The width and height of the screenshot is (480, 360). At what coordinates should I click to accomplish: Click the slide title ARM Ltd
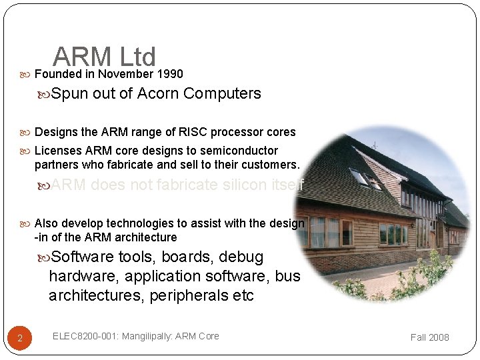(x=104, y=57)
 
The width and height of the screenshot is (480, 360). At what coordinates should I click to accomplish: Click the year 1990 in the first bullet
(x=169, y=74)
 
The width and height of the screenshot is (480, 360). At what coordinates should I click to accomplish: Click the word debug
(x=245, y=257)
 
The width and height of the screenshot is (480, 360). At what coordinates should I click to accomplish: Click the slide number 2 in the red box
(x=20, y=338)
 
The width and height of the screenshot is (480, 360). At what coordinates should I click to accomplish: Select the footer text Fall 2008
(x=429, y=337)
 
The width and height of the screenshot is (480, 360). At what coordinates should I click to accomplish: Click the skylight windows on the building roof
(x=364, y=179)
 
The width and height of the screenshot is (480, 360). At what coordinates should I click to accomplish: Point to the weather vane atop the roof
(x=374, y=143)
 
